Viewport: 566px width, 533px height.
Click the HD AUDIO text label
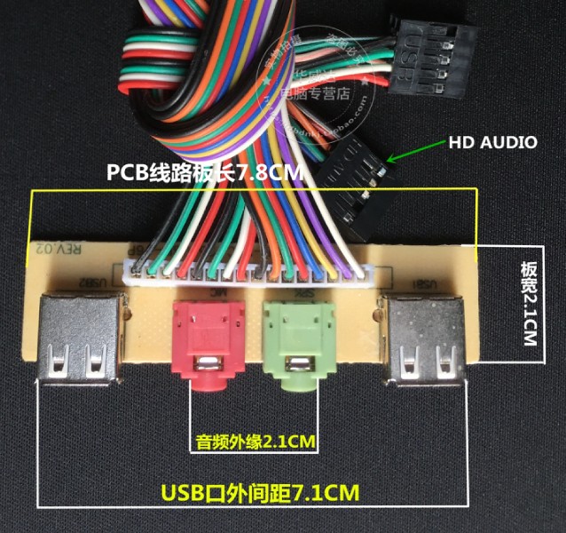tap(492, 142)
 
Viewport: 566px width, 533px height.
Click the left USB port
tap(77, 338)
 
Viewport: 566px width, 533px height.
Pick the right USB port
tap(425, 338)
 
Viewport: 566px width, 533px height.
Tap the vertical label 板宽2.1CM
tap(529, 302)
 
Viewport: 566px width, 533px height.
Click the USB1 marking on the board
tap(427, 284)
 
